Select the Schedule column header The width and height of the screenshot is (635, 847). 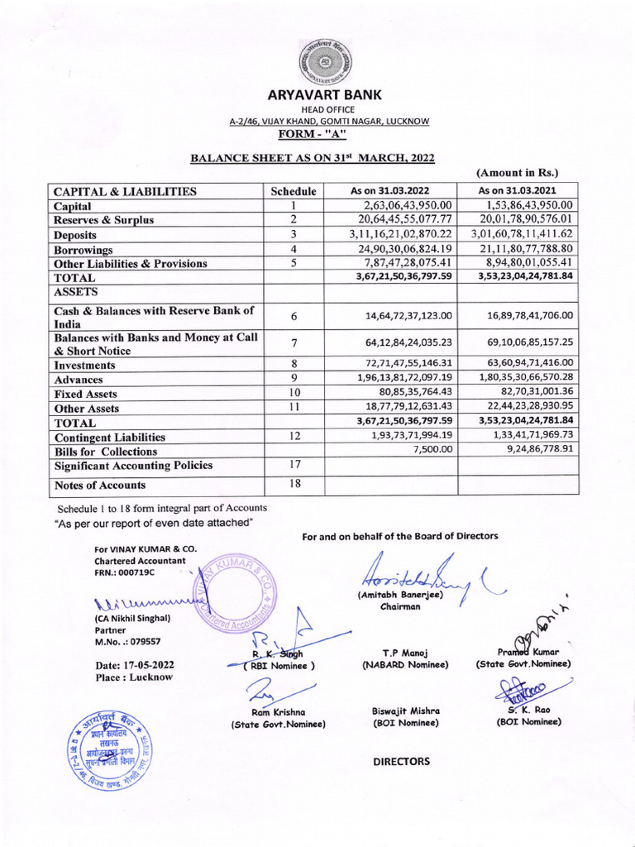click(x=294, y=191)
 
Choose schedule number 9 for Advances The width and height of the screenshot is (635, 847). click(x=294, y=379)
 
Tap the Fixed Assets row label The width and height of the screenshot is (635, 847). click(x=86, y=395)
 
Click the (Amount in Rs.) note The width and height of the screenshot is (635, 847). click(x=518, y=173)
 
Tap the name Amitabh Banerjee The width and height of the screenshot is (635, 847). click(x=389, y=595)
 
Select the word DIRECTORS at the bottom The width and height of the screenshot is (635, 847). click(x=402, y=761)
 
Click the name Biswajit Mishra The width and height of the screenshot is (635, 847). click(x=405, y=711)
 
